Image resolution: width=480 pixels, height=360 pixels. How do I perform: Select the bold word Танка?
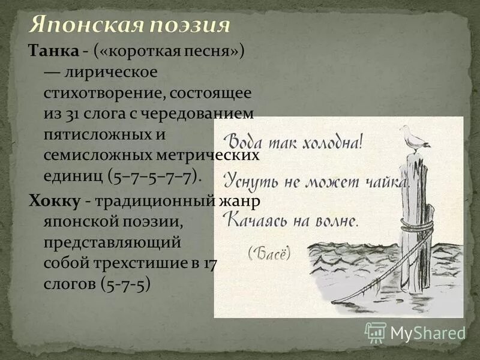coord(53,52)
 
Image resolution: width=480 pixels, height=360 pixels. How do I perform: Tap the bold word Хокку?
coord(55,200)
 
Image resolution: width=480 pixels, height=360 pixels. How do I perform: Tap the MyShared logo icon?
coord(376,332)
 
